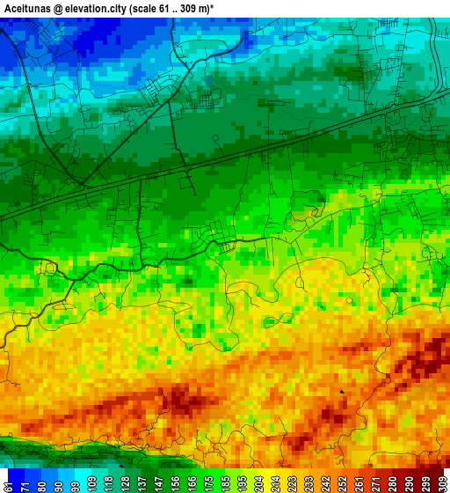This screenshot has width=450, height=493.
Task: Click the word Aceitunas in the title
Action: click(x=30, y=7)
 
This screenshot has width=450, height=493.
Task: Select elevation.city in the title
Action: click(x=112, y=7)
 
